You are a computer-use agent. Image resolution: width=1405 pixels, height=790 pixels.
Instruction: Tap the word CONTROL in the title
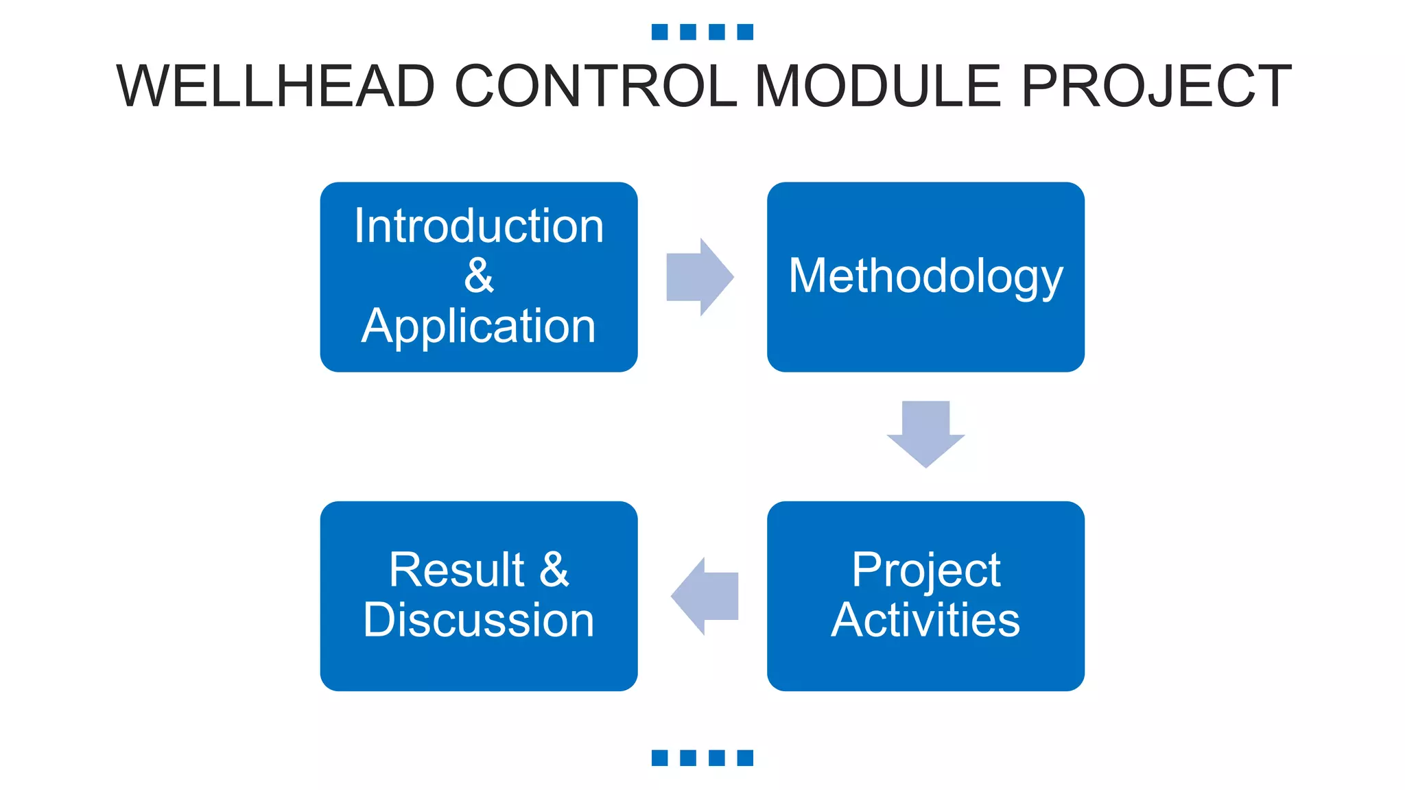pyautogui.click(x=595, y=86)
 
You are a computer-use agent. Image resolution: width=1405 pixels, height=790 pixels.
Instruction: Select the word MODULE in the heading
pyautogui.click(x=878, y=86)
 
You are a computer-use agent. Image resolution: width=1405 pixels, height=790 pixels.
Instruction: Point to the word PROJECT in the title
pyautogui.click(x=1157, y=86)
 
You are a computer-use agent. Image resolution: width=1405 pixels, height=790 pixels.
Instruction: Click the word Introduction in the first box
pyautogui.click(x=479, y=226)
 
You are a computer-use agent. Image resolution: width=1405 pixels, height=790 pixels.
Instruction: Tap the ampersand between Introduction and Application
pyautogui.click(x=479, y=276)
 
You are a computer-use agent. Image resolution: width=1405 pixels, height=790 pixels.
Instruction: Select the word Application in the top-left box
pyautogui.click(x=479, y=326)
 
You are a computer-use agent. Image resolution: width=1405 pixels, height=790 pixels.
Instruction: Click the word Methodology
pyautogui.click(x=925, y=276)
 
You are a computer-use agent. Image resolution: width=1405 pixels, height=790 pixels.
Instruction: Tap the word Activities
pyautogui.click(x=925, y=620)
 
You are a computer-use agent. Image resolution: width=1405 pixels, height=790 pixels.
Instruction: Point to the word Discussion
pyautogui.click(x=479, y=620)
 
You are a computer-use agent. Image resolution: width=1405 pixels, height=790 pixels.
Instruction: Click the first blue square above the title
pyautogui.click(x=659, y=32)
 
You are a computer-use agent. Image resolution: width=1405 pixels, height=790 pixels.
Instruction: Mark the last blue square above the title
pyautogui.click(x=745, y=32)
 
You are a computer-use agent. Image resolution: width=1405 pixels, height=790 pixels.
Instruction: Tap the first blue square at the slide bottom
pyautogui.click(x=659, y=758)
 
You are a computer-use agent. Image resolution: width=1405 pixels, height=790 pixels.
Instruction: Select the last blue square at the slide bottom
pyautogui.click(x=745, y=758)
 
